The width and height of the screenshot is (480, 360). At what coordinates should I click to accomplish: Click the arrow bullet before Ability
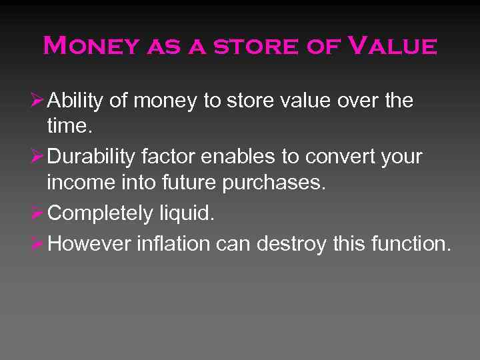(x=39, y=101)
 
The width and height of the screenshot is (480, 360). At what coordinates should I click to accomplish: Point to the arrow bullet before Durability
(x=39, y=157)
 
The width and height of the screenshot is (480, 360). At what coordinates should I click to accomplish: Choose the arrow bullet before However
(x=39, y=243)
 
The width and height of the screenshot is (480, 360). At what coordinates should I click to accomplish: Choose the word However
(x=89, y=244)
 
